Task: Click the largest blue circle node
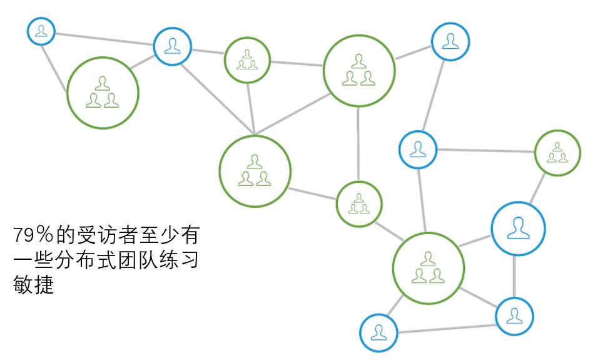pos(517,229)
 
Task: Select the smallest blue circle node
pos(41,31)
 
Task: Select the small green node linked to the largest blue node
pos(557,152)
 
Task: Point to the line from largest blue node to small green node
pos(539,187)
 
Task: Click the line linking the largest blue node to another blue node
pos(515,277)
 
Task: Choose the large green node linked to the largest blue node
pos(428,268)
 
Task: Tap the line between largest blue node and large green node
pos(477,242)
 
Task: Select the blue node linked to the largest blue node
pos(514,316)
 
